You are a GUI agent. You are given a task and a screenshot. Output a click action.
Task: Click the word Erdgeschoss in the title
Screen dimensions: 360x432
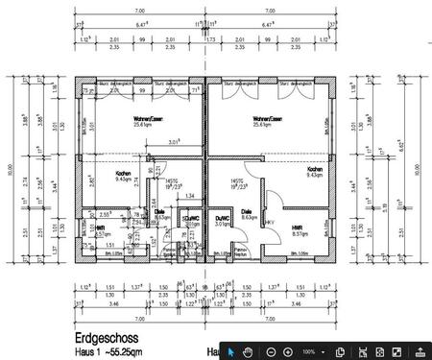(106, 339)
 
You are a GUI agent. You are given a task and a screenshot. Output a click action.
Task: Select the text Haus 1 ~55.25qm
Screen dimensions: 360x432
(106, 352)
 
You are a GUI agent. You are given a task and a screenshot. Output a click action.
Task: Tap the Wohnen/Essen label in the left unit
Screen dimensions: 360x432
(141, 118)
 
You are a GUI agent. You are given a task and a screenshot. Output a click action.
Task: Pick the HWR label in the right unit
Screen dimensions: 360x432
(299, 227)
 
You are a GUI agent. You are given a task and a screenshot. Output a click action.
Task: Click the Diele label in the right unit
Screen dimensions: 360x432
(247, 212)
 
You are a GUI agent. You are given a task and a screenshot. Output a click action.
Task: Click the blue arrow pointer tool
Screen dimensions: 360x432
(230, 352)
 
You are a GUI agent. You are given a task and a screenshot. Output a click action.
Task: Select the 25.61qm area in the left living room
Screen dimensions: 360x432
(142, 125)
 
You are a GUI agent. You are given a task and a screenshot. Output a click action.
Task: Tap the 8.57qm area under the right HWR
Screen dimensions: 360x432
(299, 233)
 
